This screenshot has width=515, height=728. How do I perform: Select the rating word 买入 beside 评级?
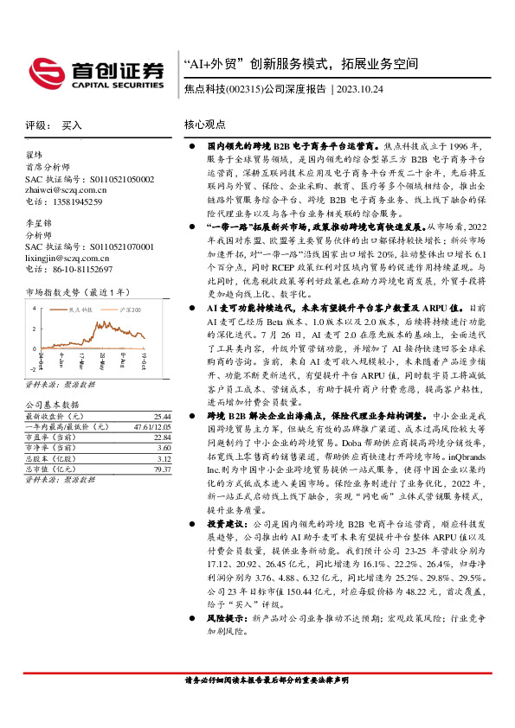pos(72,125)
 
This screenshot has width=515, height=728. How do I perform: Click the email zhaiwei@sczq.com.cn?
pos(66,190)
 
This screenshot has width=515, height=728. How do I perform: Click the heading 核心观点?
pos(204,125)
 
